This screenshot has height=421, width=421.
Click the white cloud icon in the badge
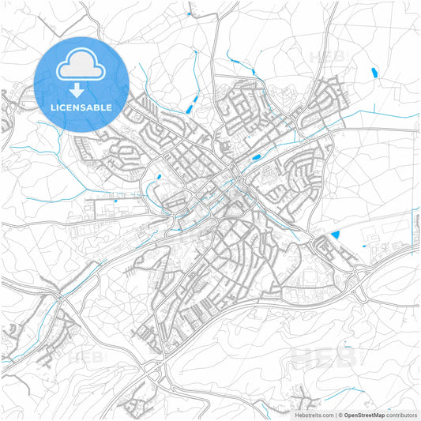pyautogui.click(x=81, y=69)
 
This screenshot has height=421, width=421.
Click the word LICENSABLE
pyautogui.click(x=81, y=107)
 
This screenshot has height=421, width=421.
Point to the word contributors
pyautogui.click(x=402, y=415)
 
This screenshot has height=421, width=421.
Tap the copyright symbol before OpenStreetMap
pyautogui.click(x=340, y=415)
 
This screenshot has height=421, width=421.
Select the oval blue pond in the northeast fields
pyautogui.click(x=373, y=73)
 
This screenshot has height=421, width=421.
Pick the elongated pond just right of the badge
pyautogui.click(x=194, y=102)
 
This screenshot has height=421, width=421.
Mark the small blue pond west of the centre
pyautogui.click(x=159, y=176)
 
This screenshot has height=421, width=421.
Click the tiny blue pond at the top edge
pyautogui.click(x=190, y=13)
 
